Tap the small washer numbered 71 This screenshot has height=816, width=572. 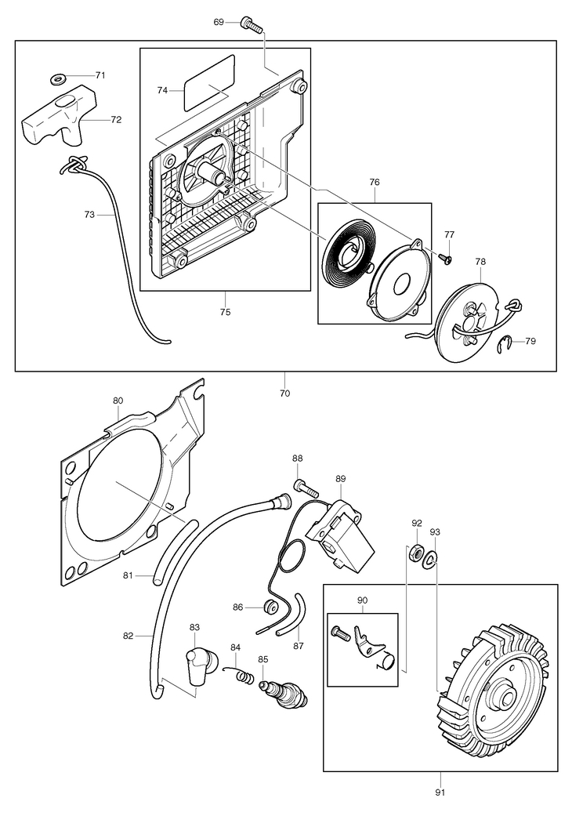58,80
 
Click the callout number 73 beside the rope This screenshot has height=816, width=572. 89,214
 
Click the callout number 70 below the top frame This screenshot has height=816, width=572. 284,393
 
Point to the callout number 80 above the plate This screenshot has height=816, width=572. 118,401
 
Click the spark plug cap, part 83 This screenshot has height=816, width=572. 196,668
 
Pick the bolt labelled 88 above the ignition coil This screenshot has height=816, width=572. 305,487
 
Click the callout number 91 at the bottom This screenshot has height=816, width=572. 440,792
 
